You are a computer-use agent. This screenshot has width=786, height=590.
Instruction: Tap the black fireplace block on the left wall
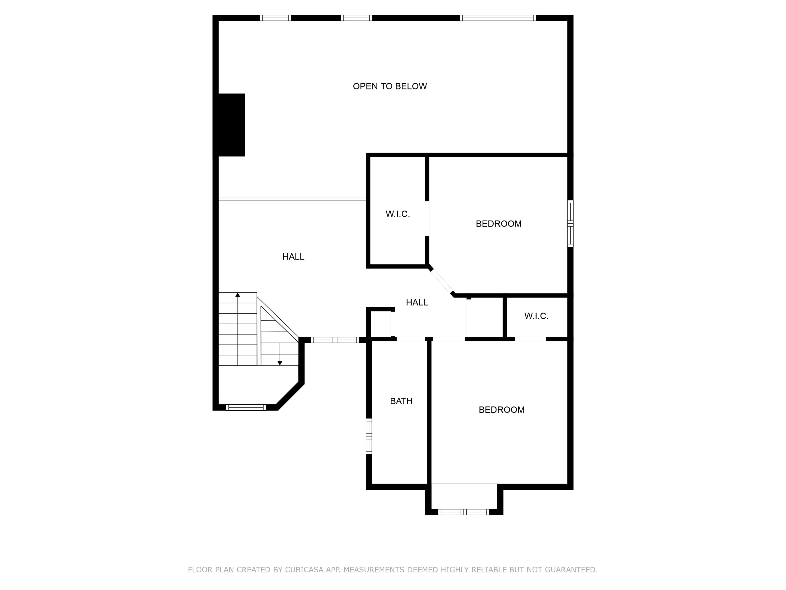(x=231, y=125)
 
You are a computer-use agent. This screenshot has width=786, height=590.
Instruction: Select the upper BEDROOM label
(x=499, y=224)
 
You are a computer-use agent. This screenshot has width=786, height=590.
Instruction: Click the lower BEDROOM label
(x=501, y=410)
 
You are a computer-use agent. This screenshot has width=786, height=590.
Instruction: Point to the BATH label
(x=401, y=401)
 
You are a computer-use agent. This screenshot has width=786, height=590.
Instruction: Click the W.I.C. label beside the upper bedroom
(x=398, y=214)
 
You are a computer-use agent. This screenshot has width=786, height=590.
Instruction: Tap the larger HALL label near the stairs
(x=293, y=257)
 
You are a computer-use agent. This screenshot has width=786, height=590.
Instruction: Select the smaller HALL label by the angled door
(x=417, y=303)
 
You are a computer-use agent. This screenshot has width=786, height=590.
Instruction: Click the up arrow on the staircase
(x=238, y=295)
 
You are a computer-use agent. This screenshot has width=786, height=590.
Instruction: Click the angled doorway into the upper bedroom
(x=441, y=281)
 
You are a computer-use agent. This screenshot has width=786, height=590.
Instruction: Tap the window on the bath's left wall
(x=369, y=436)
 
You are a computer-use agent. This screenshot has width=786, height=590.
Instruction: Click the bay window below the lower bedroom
(x=464, y=512)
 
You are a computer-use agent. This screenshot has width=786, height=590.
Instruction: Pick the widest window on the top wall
(x=498, y=18)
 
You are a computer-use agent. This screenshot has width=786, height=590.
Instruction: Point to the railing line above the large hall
(x=292, y=199)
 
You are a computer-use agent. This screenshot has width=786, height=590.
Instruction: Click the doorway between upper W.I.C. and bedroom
(x=427, y=219)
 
